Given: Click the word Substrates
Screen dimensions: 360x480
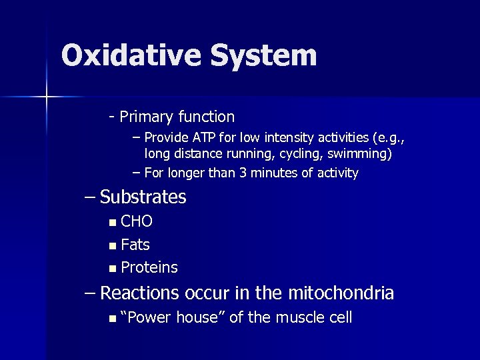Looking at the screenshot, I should coord(143,197).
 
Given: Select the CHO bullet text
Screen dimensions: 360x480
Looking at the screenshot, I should coord(137,221).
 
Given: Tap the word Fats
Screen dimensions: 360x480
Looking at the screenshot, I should coord(135,245).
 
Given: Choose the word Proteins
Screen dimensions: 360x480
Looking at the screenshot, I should coord(149,268).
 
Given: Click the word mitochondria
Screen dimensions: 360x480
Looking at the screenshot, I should coord(341,293).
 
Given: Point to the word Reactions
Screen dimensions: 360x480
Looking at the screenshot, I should coord(139,293).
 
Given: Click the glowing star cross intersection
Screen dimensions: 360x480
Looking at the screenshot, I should coord(47,97).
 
